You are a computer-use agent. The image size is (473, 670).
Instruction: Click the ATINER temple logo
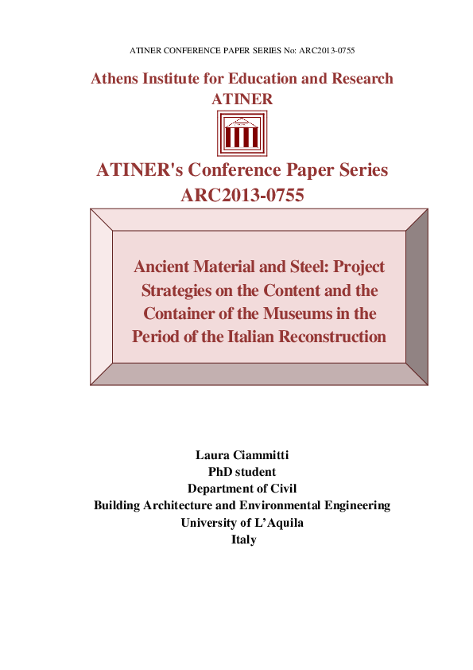pyautogui.click(x=242, y=134)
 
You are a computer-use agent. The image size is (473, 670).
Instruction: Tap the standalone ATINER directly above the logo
pyautogui.click(x=242, y=99)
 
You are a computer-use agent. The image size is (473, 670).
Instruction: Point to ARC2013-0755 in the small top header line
pyautogui.click(x=324, y=50)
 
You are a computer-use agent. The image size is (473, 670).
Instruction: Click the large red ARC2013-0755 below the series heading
pyautogui.click(x=242, y=194)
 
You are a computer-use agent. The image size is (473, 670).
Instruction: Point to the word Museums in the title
pyautogui.click(x=308, y=313)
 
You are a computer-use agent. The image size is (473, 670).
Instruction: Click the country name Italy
pyautogui.click(x=242, y=539)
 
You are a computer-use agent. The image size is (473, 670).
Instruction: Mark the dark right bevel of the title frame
pyautogui.click(x=417, y=297)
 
